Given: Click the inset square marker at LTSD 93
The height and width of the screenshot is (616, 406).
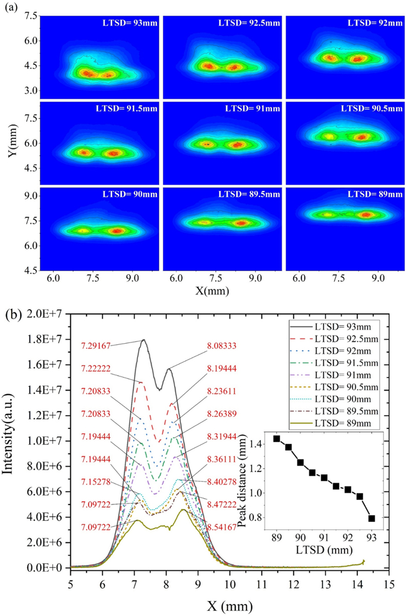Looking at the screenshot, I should [x=372, y=518].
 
